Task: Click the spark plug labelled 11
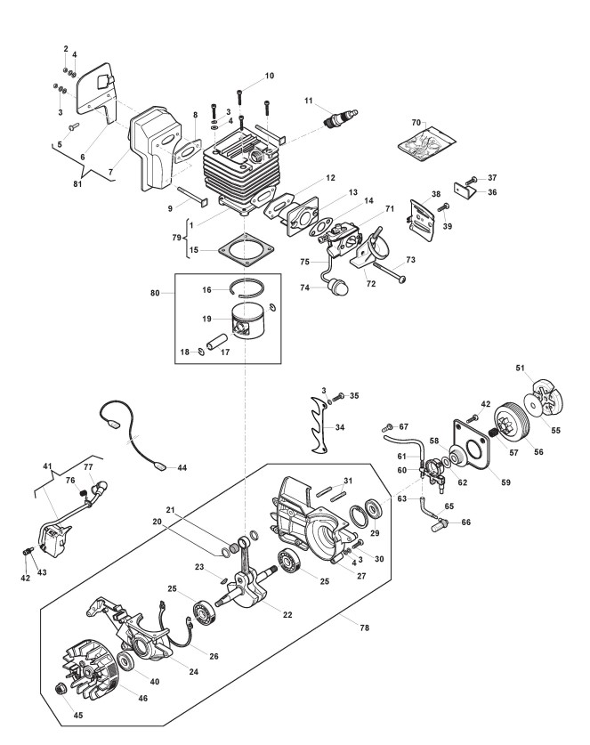click(341, 117)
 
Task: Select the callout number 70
click(416, 123)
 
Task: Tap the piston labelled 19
click(250, 321)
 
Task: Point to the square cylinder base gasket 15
click(247, 250)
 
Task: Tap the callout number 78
click(364, 628)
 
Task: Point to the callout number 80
click(155, 293)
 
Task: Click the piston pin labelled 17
click(217, 342)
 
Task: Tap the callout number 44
click(182, 467)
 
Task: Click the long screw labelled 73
click(389, 271)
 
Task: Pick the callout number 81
click(77, 183)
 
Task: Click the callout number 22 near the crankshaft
click(287, 614)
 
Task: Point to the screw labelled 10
click(239, 96)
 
